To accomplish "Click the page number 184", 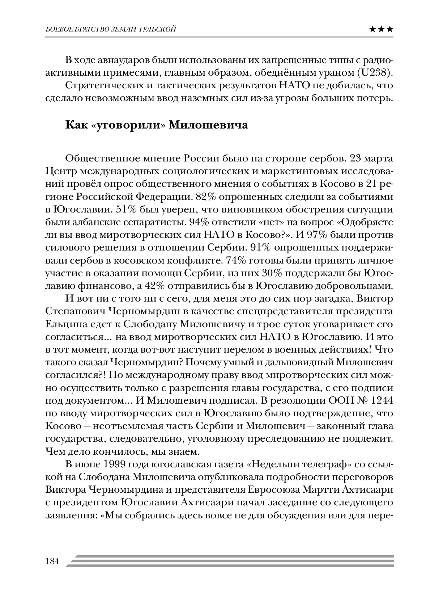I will [x=52, y=561].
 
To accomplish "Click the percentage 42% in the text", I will [x=155, y=286].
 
